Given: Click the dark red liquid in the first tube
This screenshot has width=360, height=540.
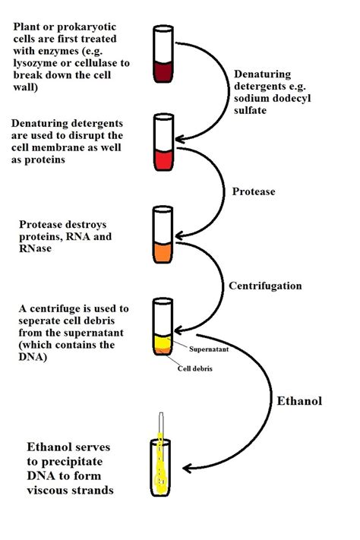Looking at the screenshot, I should (x=164, y=73).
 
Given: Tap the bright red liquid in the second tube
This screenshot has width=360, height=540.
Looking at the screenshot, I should (x=164, y=159).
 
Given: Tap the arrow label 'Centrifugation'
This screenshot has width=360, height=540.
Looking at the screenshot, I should (x=265, y=286).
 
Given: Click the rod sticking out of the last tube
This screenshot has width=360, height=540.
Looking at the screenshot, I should (x=161, y=422).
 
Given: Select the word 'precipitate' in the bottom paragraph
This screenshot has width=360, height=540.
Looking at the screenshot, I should (x=62, y=461).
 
